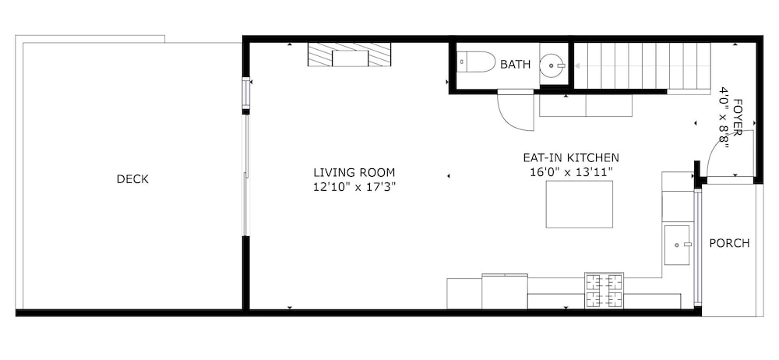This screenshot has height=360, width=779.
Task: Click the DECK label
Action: (132, 179)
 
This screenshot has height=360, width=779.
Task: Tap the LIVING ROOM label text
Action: (354, 173)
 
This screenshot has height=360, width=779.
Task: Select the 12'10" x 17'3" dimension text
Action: (354, 187)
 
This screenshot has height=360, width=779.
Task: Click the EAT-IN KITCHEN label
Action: (571, 158)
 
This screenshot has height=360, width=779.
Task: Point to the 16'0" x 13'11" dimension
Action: (571, 172)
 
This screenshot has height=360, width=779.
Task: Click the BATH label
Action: (515, 65)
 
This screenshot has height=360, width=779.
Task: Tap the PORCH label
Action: (729, 244)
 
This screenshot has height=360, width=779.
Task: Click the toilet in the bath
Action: (476, 62)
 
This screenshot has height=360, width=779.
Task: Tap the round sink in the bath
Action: (553, 65)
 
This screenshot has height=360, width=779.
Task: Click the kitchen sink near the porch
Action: (677, 245)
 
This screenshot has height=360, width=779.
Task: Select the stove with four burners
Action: (604, 291)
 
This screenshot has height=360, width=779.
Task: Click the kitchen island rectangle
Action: (580, 204)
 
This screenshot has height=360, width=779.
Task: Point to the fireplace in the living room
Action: (349, 55)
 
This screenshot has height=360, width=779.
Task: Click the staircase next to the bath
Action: (643, 66)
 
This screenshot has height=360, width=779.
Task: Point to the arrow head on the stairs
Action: (578, 65)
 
